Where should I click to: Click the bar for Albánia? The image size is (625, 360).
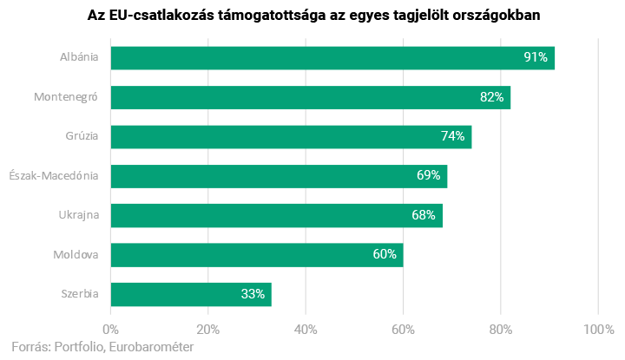point(332,58)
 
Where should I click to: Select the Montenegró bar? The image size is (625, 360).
point(311,97)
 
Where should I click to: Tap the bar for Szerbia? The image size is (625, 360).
point(191,294)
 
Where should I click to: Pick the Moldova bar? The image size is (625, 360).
point(257,255)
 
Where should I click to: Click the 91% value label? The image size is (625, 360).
point(535,58)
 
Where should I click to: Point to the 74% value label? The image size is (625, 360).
point(452,136)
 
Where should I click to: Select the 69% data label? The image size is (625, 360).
point(428,176)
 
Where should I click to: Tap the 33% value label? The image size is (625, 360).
point(253,294)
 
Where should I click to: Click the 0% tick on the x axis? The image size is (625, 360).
point(111,330)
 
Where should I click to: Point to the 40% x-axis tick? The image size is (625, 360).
point(306,330)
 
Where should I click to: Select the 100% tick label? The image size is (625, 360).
point(598,330)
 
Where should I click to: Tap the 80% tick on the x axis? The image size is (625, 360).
point(501,330)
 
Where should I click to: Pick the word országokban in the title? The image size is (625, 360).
point(492,16)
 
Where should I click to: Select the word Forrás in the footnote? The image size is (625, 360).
point(30,347)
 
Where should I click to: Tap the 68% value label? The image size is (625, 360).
point(424,215)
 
